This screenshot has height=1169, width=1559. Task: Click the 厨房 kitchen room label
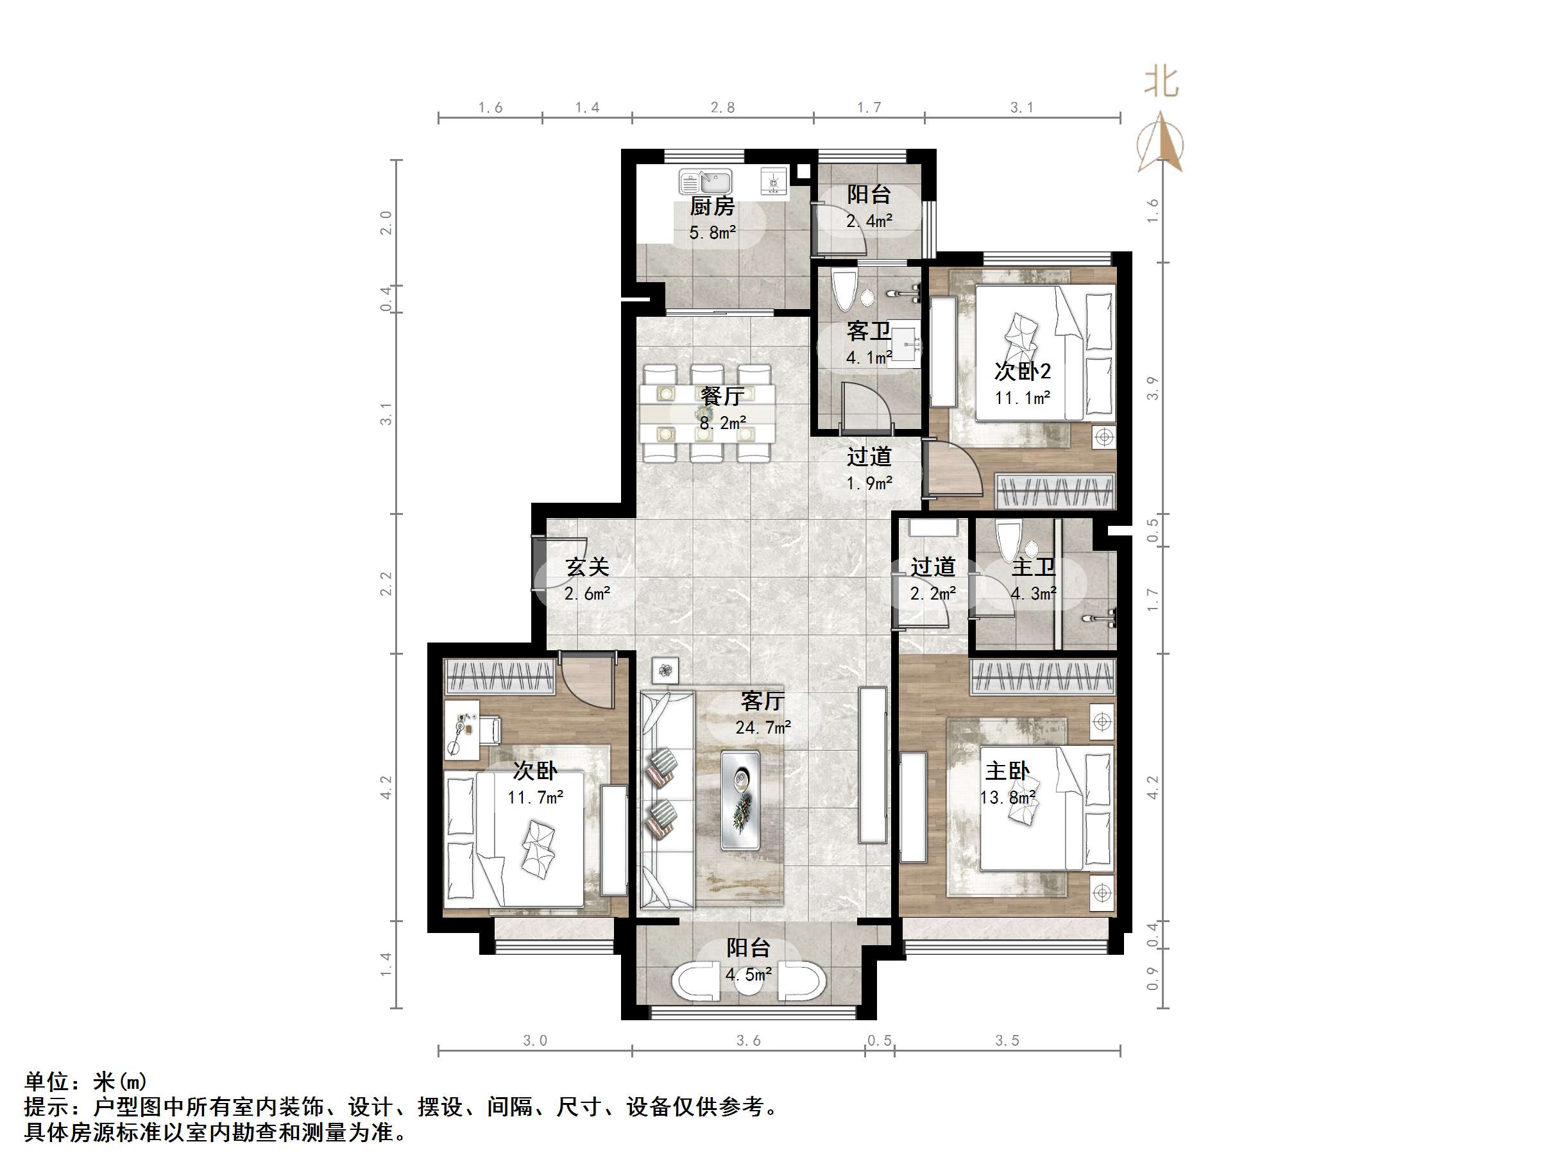(712, 206)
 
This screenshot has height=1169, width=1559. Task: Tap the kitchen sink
(705, 182)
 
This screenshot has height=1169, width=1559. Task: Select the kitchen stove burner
(773, 182)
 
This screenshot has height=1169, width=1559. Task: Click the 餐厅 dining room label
(722, 396)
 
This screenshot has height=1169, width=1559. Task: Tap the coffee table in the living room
(740, 799)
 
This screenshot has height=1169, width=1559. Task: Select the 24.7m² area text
(763, 727)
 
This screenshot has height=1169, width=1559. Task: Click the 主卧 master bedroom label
(1007, 771)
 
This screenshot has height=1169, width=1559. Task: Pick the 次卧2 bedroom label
(1022, 371)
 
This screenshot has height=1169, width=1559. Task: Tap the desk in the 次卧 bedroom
(463, 729)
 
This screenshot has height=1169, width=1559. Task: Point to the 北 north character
(1161, 81)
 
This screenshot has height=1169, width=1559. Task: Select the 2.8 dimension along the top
(722, 107)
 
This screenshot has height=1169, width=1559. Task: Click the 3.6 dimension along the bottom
(748, 1041)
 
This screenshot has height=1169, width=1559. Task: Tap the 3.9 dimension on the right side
(1152, 388)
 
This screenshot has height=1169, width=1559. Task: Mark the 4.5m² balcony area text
(749, 975)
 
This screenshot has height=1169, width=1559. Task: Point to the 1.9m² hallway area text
(869, 484)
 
